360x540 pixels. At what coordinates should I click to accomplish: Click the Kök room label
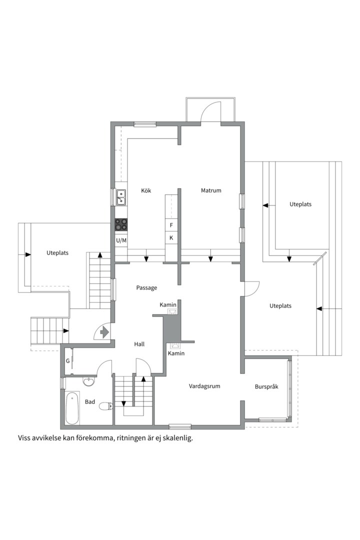pyautogui.click(x=146, y=190)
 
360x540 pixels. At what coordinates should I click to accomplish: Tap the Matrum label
pyautogui.click(x=211, y=190)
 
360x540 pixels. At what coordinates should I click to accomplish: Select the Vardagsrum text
pyautogui.click(x=204, y=386)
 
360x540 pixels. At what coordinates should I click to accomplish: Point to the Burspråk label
pyautogui.click(x=266, y=386)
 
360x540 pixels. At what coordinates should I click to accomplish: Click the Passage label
pyautogui.click(x=147, y=288)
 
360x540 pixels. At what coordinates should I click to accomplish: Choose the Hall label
pyautogui.click(x=139, y=344)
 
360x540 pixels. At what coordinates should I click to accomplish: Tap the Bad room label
pyautogui.click(x=90, y=402)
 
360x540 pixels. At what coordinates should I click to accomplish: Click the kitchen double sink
pyautogui.click(x=121, y=197)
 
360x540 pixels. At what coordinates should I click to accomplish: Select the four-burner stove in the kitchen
pyautogui.click(x=121, y=225)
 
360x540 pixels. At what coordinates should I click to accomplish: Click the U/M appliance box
pyautogui.click(x=121, y=240)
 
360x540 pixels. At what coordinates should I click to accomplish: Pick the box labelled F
pyautogui.click(x=171, y=225)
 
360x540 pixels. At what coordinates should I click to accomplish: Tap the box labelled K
pyautogui.click(x=171, y=238)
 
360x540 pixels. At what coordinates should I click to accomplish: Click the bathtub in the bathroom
pyautogui.click(x=72, y=408)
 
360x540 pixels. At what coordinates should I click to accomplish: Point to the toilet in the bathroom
pyautogui.click(x=106, y=406)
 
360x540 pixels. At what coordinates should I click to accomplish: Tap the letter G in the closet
pyautogui.click(x=68, y=361)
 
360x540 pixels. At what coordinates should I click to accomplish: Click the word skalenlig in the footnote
pyautogui.click(x=179, y=439)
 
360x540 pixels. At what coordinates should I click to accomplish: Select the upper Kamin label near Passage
pyautogui.click(x=168, y=305)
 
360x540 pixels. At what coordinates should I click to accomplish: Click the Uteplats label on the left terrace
pyautogui.click(x=57, y=253)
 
